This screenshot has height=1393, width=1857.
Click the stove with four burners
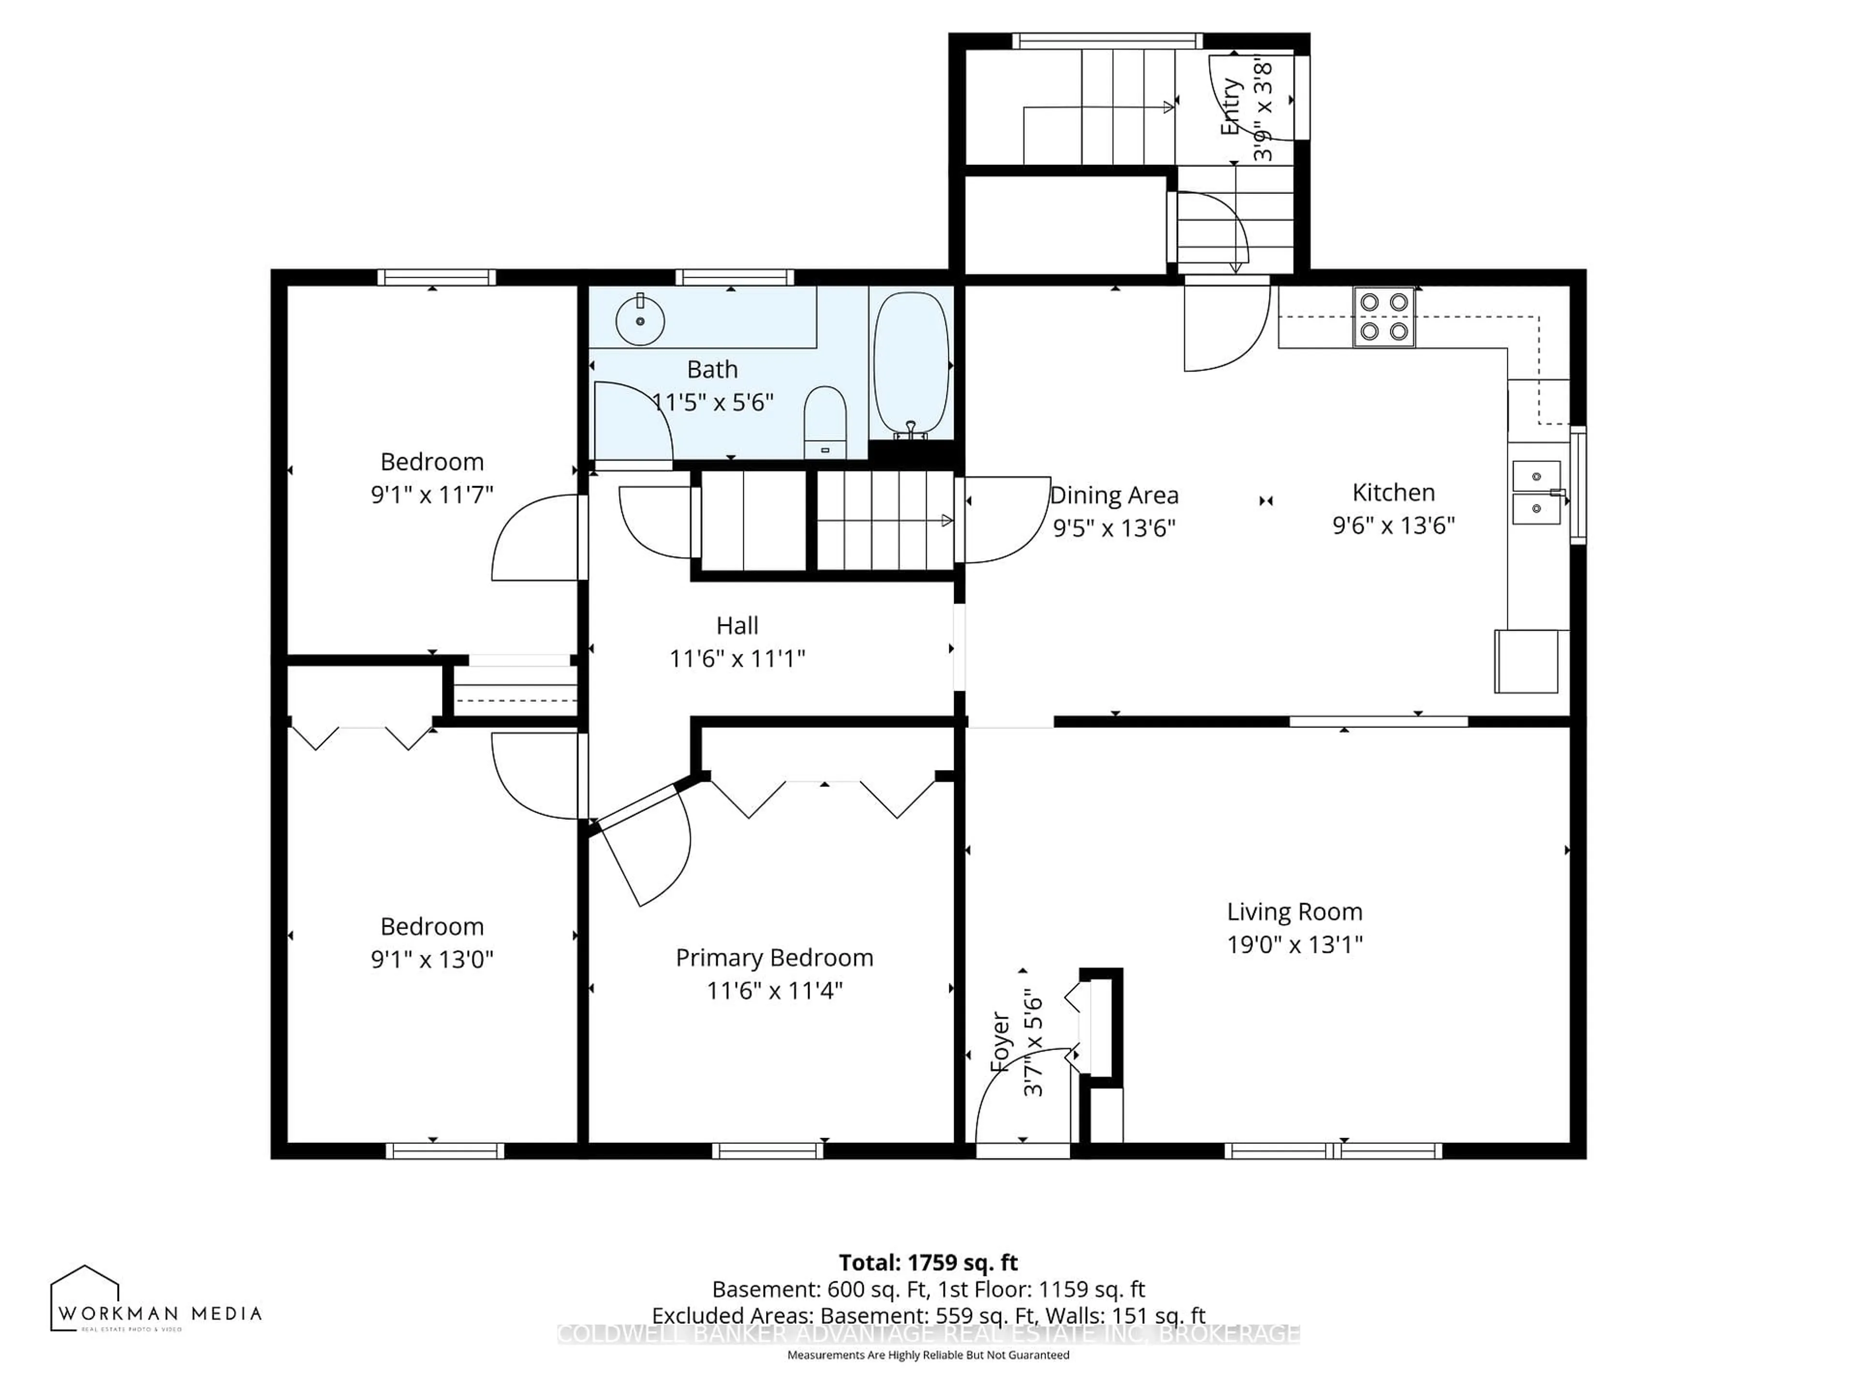(x=1384, y=316)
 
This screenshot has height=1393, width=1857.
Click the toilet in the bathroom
(x=825, y=421)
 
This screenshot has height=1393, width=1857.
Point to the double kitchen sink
(x=1536, y=492)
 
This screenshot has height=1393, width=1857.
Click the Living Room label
(x=1294, y=911)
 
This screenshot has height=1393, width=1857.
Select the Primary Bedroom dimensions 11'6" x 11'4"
(x=774, y=990)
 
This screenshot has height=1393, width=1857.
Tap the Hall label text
(x=737, y=625)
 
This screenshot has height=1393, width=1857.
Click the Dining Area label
(x=1114, y=495)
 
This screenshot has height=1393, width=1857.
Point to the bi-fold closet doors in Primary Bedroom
(x=823, y=798)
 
